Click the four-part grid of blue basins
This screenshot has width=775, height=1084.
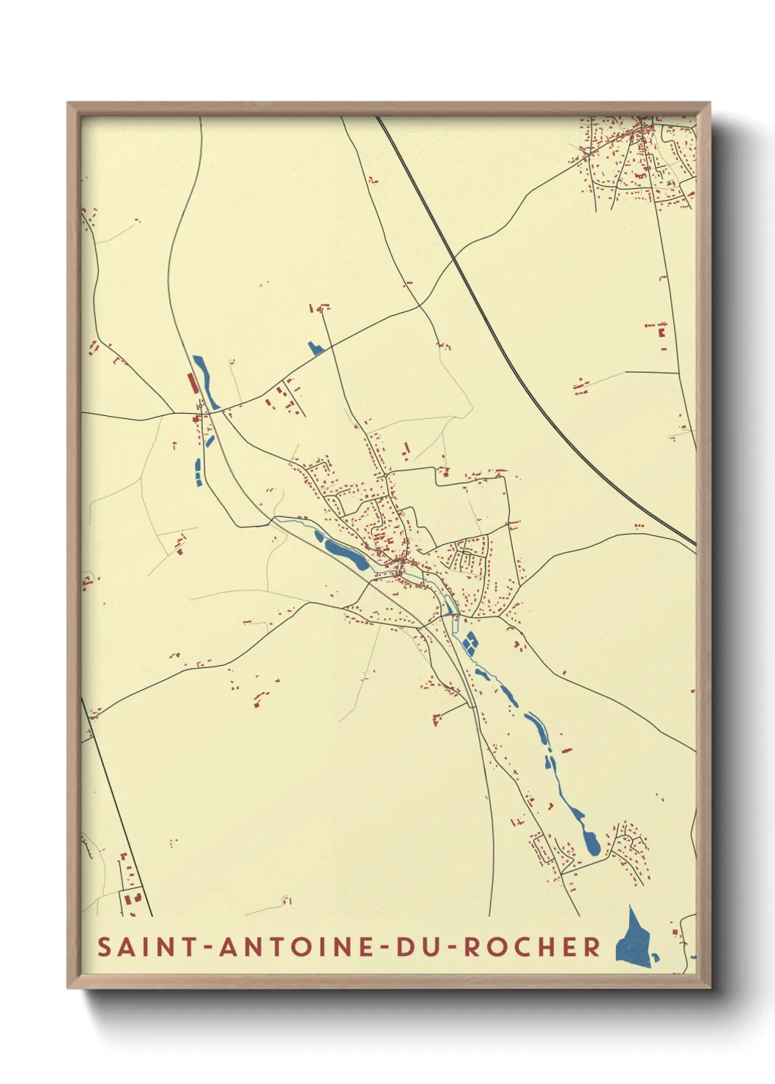point(469,642)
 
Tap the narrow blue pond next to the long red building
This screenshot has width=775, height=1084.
point(205,381)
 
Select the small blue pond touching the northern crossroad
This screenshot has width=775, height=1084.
point(316,349)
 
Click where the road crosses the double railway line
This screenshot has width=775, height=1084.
point(454,258)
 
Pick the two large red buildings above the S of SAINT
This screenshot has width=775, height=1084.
point(131,899)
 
